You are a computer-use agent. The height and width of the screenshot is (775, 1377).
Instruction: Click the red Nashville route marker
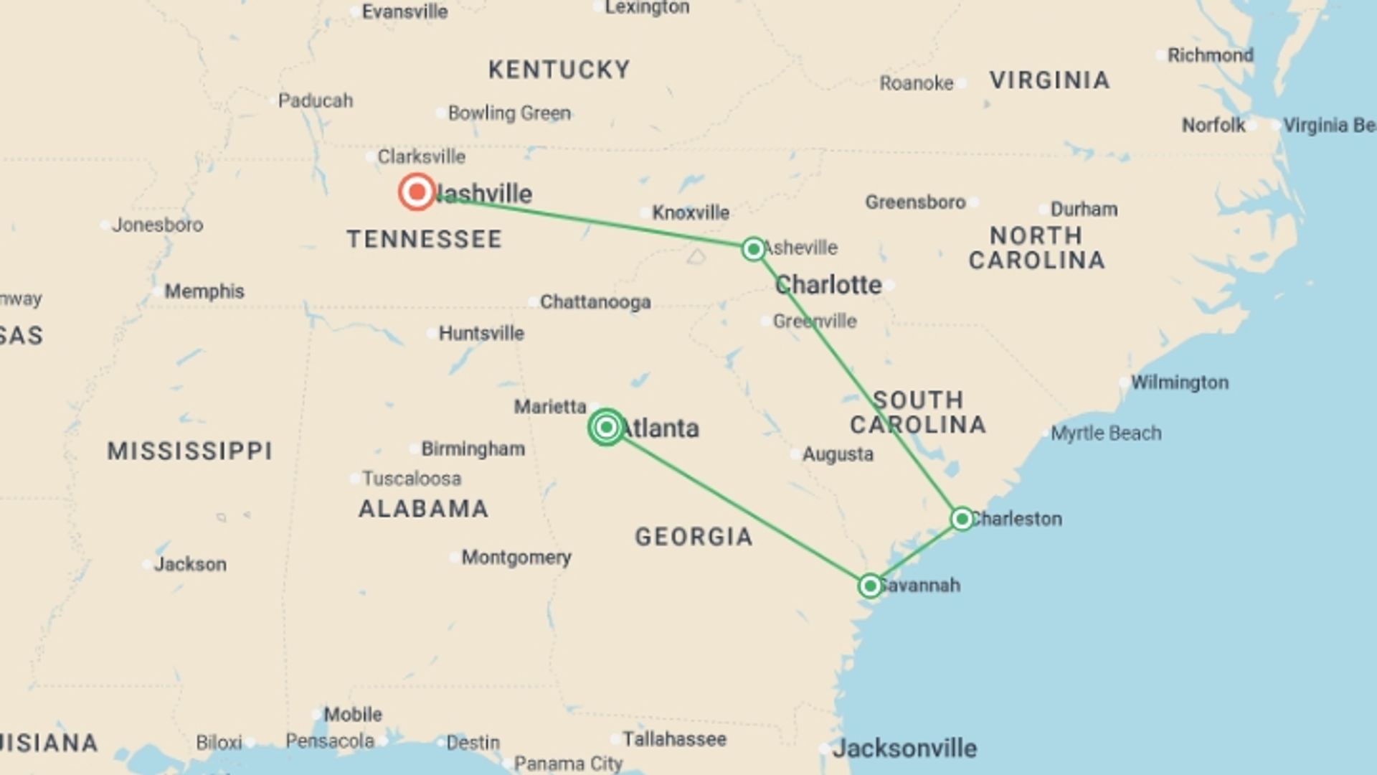(x=417, y=192)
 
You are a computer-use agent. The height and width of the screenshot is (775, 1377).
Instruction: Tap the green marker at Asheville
(x=753, y=248)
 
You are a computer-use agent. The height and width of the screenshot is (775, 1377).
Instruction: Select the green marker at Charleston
(x=962, y=519)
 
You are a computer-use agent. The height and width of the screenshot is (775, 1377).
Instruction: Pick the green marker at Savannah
(x=870, y=586)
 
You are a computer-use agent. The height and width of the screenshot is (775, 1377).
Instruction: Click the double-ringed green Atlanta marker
(x=606, y=428)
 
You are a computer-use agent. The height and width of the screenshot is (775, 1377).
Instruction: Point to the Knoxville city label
(x=690, y=212)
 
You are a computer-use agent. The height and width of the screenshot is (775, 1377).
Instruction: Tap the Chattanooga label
(x=595, y=302)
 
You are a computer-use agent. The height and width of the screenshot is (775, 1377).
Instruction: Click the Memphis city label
(x=204, y=291)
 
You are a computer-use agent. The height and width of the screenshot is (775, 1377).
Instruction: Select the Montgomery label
(x=516, y=558)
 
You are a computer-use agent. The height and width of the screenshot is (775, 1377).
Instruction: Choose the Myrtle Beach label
(x=1105, y=433)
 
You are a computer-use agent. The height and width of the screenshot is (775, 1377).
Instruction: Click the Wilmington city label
(x=1179, y=382)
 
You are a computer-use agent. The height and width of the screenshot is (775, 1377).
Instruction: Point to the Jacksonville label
(x=904, y=748)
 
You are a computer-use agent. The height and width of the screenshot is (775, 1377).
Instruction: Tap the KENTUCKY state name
(x=559, y=70)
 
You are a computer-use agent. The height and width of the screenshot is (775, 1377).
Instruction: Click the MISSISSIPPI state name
(x=190, y=451)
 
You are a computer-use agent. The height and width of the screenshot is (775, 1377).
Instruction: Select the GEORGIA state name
(x=694, y=537)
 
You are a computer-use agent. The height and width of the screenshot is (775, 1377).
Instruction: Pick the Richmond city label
(x=1210, y=55)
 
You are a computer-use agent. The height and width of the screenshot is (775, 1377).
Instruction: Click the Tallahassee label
(x=674, y=739)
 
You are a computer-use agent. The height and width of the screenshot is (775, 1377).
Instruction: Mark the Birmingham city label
(x=473, y=449)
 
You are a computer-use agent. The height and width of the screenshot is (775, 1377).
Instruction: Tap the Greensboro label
(x=915, y=202)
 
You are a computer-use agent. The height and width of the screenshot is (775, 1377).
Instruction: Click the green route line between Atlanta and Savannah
(x=739, y=507)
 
